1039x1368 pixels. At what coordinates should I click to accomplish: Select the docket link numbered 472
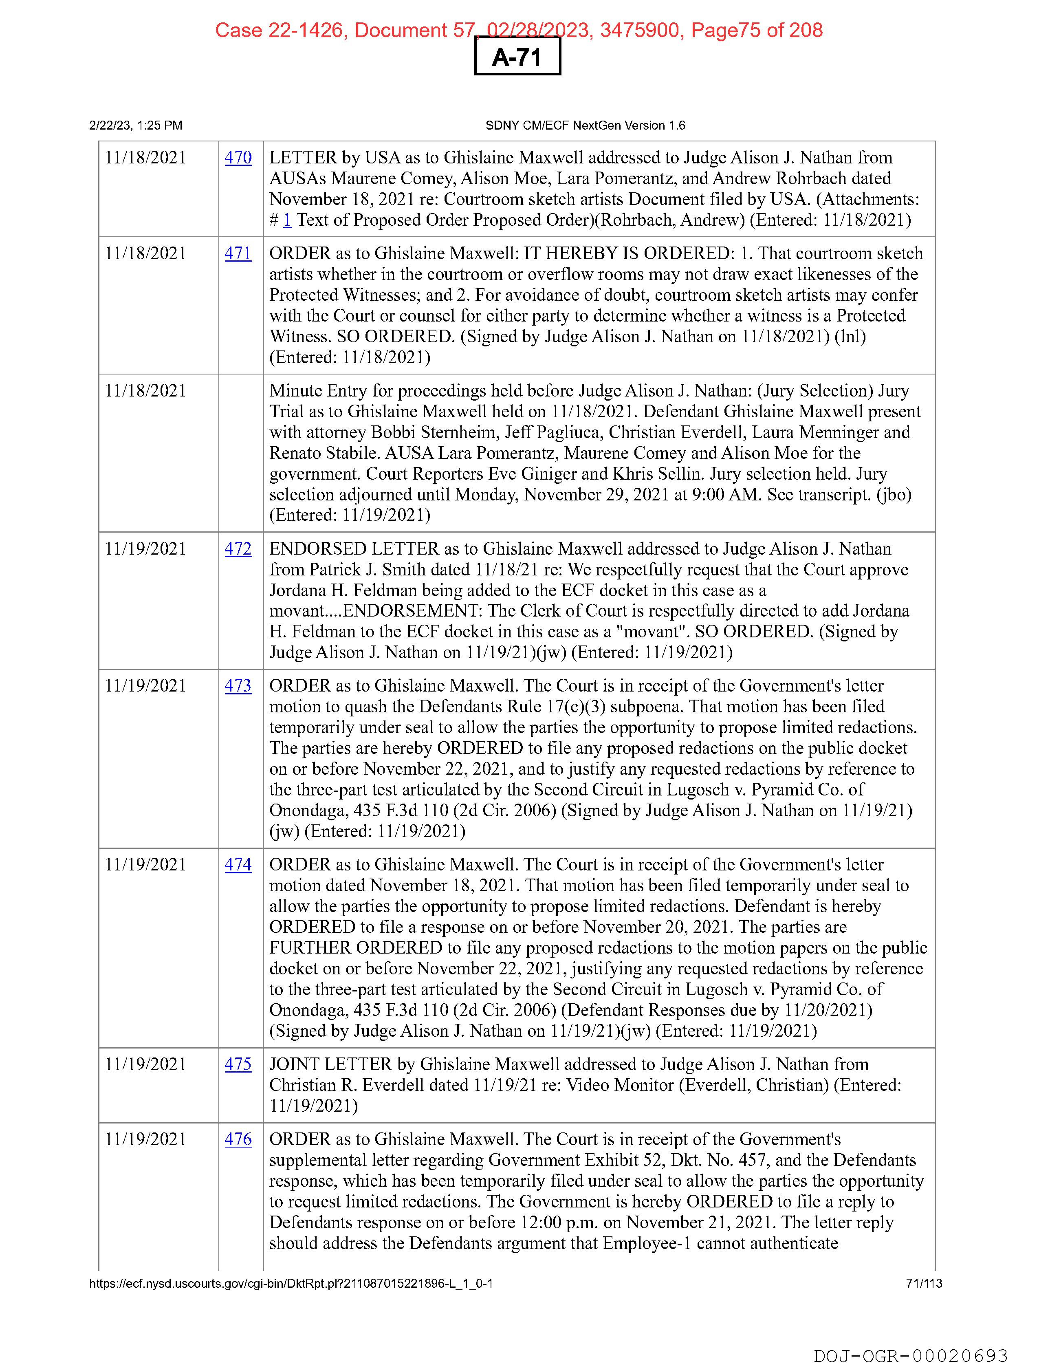click(238, 549)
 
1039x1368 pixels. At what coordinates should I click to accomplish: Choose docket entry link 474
click(238, 865)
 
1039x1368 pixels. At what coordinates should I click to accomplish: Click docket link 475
click(238, 1064)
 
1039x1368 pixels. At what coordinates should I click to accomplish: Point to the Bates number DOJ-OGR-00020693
click(910, 1356)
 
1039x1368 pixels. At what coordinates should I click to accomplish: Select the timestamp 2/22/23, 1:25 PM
click(136, 126)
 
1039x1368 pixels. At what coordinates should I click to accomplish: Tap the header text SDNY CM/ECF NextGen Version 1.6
click(585, 126)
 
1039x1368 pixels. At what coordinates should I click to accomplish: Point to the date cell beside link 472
click(146, 549)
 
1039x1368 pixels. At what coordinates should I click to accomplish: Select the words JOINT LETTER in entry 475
click(330, 1064)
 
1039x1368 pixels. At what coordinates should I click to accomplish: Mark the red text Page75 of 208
click(757, 30)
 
